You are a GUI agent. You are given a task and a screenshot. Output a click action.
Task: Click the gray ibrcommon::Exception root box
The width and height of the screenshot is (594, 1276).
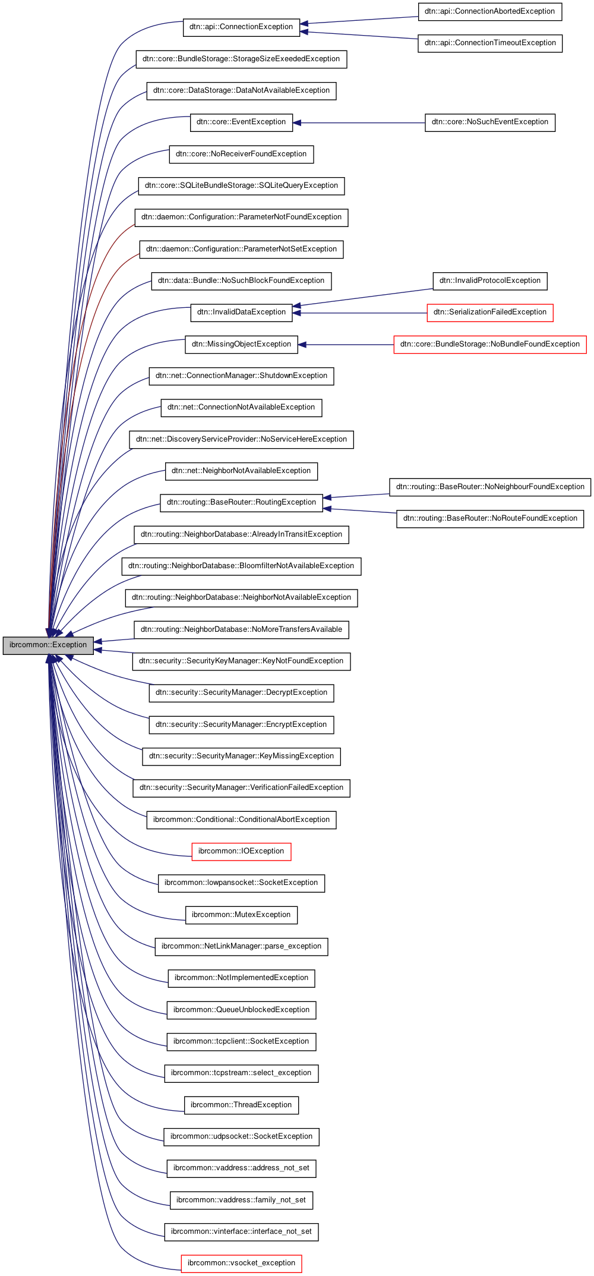click(x=48, y=645)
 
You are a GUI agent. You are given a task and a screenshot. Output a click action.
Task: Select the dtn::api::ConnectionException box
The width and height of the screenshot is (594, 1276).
click(x=241, y=27)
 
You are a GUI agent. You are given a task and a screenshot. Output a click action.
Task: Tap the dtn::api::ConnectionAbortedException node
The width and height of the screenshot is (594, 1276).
click(x=489, y=11)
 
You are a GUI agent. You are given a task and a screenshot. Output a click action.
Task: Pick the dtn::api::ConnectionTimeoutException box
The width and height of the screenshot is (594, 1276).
click(x=490, y=43)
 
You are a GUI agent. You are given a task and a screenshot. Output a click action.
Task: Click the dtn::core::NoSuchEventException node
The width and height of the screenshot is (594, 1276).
click(x=489, y=122)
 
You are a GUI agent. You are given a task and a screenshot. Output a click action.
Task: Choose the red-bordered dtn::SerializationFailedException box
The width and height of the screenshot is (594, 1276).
click(x=489, y=312)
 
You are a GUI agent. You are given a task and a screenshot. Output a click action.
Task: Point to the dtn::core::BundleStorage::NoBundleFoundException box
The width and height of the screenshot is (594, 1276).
click(x=489, y=344)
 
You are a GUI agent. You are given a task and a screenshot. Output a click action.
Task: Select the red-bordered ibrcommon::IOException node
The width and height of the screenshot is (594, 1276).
click(x=241, y=851)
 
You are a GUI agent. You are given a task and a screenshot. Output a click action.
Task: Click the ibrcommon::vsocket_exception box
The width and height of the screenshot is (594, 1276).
click(x=241, y=1263)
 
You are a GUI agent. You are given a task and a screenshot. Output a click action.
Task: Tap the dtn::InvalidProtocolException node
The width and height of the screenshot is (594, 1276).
click(x=489, y=281)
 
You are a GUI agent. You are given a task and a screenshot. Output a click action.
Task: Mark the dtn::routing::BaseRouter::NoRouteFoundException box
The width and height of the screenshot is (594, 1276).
click(x=489, y=518)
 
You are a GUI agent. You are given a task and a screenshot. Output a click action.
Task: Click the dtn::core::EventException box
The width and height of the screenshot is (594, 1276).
click(x=241, y=122)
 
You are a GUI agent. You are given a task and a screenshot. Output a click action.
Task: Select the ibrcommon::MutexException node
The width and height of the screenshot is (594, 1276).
click(x=241, y=915)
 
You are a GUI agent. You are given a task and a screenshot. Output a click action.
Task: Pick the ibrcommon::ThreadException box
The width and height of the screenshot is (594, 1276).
click(x=241, y=1105)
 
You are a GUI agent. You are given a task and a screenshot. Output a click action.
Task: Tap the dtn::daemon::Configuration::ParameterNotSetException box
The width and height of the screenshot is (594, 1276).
click(x=241, y=249)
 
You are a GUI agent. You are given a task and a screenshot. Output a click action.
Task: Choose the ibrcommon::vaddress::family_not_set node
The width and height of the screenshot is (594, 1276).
click(x=241, y=1200)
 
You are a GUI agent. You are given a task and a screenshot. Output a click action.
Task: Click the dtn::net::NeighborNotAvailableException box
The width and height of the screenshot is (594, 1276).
click(x=241, y=471)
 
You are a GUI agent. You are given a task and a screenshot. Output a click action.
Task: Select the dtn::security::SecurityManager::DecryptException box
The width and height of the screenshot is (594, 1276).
click(x=241, y=692)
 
